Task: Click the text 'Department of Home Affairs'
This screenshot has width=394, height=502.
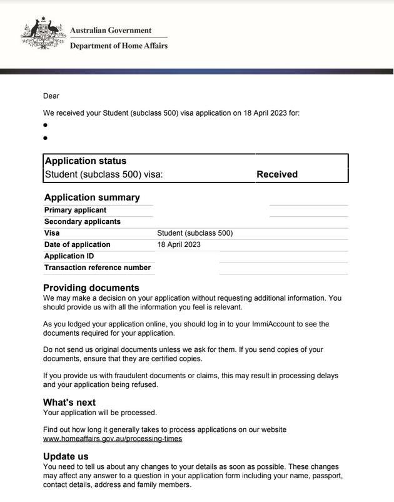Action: point(118,46)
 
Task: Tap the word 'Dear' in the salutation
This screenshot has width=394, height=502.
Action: point(51,96)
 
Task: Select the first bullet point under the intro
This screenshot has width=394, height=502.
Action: point(46,125)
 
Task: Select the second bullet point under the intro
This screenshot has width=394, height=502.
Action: point(46,138)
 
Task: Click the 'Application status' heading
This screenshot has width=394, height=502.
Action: point(85,161)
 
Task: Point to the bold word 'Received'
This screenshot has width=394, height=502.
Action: point(277,174)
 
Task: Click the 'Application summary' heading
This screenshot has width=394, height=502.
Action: point(92,198)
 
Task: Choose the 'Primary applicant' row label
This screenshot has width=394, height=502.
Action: point(75,210)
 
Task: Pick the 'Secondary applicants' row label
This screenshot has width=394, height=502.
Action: point(82,221)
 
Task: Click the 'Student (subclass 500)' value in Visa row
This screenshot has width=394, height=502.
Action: point(194,233)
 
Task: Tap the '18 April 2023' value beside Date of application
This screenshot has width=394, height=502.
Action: point(179,244)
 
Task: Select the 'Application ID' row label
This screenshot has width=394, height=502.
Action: point(69,256)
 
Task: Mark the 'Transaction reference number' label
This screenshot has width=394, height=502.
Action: point(97,268)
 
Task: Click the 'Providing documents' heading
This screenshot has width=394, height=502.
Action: point(91,288)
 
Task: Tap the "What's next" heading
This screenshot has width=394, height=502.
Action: point(69,403)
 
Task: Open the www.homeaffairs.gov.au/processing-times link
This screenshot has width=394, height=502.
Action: point(113,439)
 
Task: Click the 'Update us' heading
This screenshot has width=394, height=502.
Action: point(66,457)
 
